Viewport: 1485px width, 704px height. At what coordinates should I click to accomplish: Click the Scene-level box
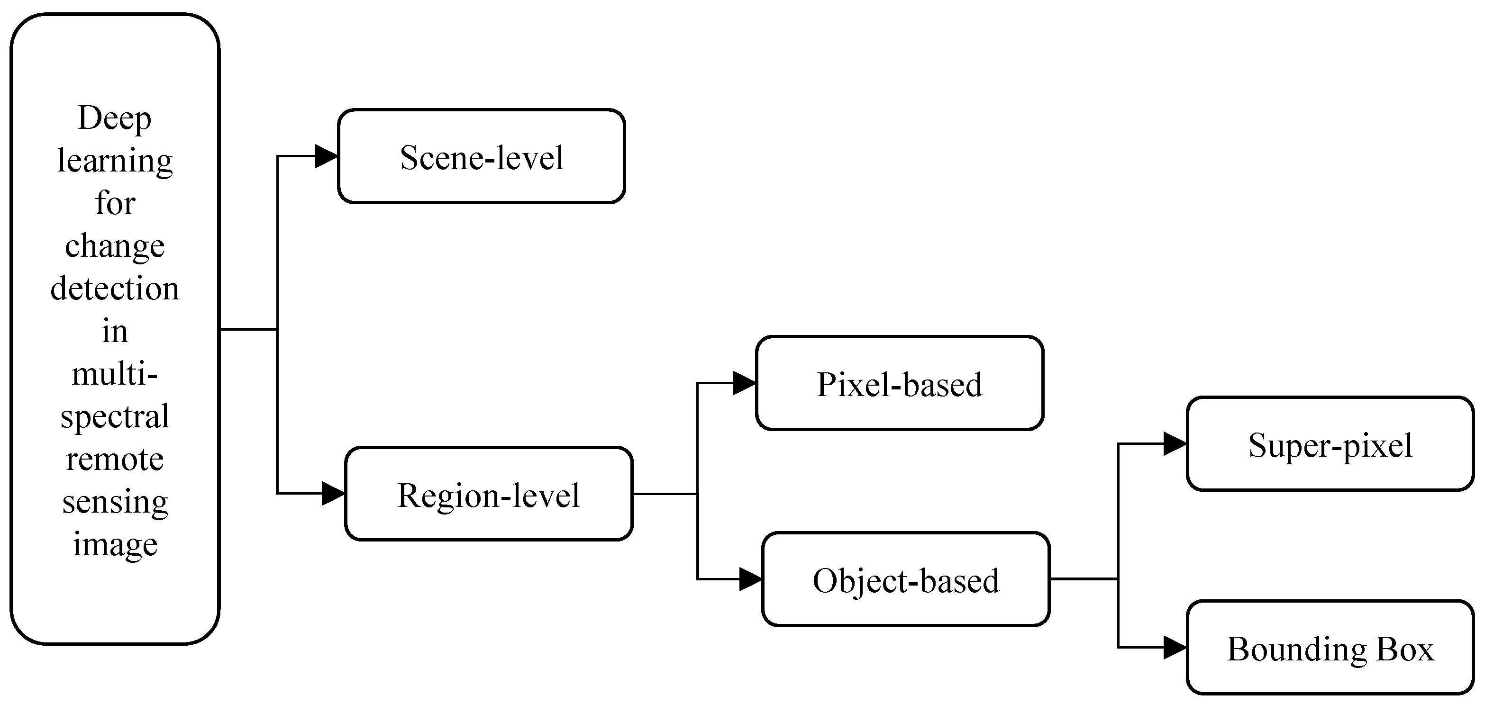coord(482,156)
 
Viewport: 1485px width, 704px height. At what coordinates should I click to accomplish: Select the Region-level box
coord(488,494)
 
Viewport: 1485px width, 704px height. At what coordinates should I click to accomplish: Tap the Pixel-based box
coord(899,383)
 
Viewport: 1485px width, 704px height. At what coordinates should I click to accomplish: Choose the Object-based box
coord(906,579)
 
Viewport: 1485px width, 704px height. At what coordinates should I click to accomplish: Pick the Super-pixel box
coord(1330,443)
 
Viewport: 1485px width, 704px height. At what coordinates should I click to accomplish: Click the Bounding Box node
coord(1330,648)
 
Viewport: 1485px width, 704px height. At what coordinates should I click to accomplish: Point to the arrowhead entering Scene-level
coord(326,156)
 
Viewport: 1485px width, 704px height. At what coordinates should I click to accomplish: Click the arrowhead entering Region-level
coord(333,494)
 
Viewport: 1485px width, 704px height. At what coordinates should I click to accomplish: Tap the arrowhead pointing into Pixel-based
coord(744,383)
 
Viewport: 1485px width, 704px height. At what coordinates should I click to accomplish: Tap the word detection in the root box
coord(115,288)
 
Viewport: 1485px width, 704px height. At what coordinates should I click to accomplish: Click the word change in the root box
coord(115,246)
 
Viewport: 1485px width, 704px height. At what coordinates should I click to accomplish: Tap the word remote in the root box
coord(115,459)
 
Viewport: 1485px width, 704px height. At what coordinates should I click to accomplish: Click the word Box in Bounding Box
coord(1404,649)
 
